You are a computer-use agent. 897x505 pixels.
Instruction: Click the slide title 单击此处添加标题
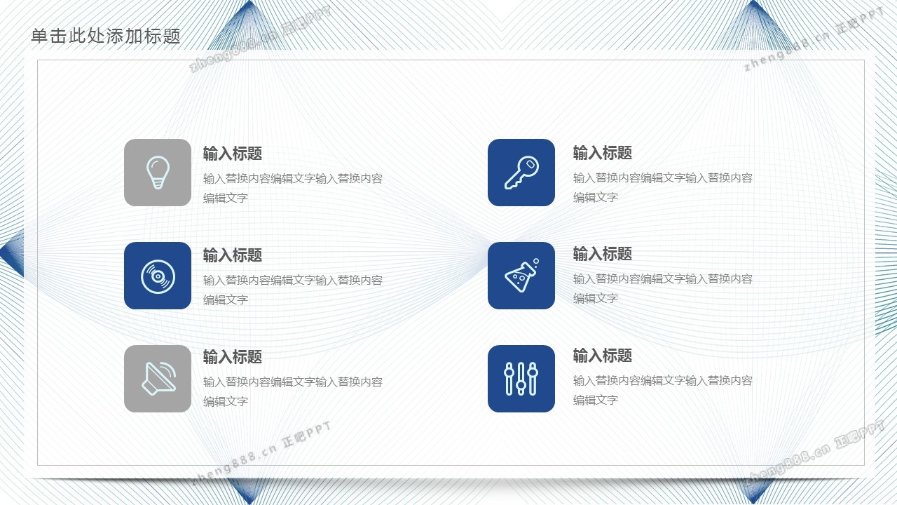(106, 36)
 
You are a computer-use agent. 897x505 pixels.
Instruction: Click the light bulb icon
(158, 173)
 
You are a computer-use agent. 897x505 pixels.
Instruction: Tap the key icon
(521, 173)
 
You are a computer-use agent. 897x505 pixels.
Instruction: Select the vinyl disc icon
(158, 276)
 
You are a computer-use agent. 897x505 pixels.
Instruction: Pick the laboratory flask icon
(521, 276)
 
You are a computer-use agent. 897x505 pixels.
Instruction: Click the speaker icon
(158, 378)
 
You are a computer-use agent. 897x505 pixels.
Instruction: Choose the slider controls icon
(521, 379)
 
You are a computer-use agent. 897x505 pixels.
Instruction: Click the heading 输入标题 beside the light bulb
(232, 154)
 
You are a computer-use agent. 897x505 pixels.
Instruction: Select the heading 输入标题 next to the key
(602, 153)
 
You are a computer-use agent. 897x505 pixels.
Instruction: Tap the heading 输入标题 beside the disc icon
(232, 255)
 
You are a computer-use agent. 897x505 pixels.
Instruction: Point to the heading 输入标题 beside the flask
(602, 254)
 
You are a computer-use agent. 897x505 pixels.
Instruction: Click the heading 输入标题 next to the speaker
(232, 357)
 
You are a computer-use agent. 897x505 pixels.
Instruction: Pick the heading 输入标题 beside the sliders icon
(602, 356)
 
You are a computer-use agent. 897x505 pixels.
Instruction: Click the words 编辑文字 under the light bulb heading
(226, 198)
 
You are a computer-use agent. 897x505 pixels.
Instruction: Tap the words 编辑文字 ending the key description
(596, 197)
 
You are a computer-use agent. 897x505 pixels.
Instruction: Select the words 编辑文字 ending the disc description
(226, 299)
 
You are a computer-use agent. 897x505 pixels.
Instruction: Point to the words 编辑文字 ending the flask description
(596, 298)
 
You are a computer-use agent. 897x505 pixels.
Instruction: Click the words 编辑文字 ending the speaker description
(226, 401)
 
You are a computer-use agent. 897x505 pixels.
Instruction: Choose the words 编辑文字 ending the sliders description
(596, 400)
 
